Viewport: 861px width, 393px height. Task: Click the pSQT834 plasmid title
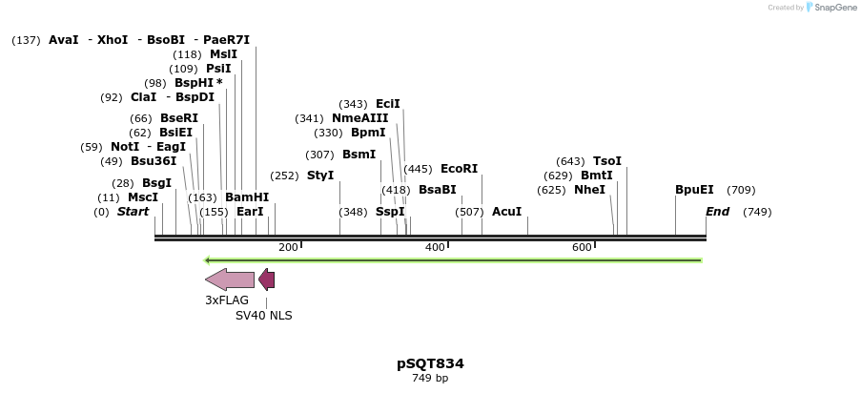coord(430,363)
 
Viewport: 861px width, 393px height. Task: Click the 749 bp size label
coord(430,379)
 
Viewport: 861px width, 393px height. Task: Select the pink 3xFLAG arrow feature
coord(230,279)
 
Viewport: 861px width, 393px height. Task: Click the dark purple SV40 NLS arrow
coord(267,279)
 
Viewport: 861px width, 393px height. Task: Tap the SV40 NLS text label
coord(264,316)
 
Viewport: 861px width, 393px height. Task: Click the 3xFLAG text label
coord(227,300)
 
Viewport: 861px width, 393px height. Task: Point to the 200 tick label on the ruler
coord(288,248)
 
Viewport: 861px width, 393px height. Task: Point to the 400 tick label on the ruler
coord(435,248)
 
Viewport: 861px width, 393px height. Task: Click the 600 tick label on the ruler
coord(582,248)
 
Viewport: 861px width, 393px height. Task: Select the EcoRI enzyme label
coord(459,169)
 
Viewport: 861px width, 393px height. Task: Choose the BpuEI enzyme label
coord(694,190)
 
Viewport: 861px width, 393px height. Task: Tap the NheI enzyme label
coord(589,190)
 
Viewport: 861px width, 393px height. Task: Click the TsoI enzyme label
coord(607,161)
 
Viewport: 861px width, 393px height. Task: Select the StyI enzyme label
coord(320,176)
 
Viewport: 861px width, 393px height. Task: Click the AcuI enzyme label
coord(506,212)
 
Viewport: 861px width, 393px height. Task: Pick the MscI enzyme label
coord(143,197)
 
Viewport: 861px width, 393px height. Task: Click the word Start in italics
coord(133,212)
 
